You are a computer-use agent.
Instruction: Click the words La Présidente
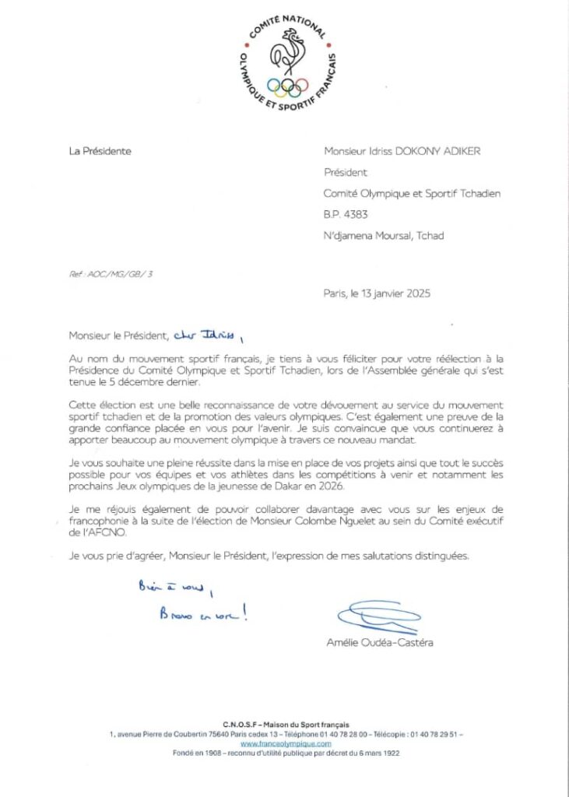coord(100,151)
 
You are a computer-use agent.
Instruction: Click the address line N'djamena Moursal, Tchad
coord(384,236)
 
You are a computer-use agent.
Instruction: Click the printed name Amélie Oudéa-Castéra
coord(381,642)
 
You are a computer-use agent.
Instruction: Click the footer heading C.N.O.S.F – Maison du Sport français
coord(284,725)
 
